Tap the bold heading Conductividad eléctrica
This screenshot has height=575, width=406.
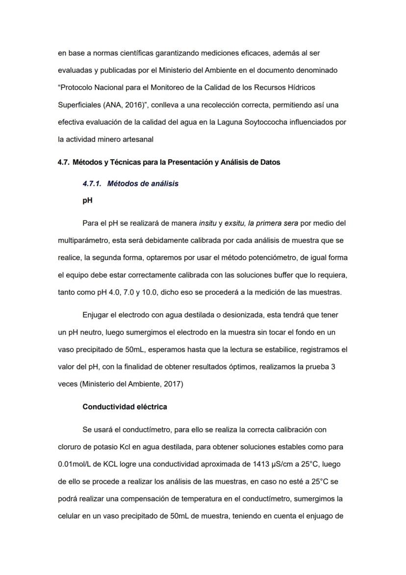pos(125,407)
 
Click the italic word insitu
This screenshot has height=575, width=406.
pos(207,223)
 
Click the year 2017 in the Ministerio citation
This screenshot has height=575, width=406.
pos(172,384)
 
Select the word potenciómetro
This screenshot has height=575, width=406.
pos(276,258)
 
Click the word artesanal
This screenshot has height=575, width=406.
pos(138,139)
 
